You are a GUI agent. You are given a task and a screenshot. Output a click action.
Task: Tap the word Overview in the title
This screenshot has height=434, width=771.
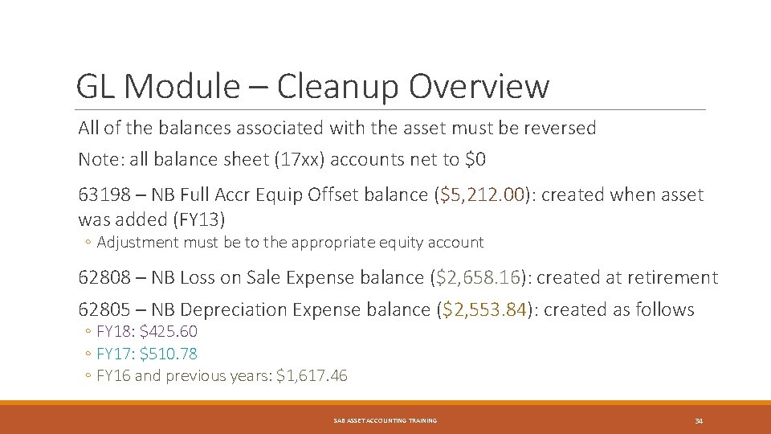(479, 86)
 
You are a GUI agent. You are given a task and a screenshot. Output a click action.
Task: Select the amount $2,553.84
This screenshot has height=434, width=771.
(486, 309)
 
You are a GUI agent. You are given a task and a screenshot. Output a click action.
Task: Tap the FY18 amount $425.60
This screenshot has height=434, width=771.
(168, 331)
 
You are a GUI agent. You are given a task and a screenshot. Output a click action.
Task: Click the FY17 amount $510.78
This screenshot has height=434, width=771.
(168, 354)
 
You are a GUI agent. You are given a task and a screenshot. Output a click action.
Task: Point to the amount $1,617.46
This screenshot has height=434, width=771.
(312, 375)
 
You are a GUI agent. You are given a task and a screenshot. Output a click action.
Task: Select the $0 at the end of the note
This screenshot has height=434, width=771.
(475, 159)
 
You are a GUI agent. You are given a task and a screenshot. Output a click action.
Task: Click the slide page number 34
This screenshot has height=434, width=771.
(699, 420)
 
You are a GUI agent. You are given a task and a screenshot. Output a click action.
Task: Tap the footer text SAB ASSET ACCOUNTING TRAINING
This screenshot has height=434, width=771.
(385, 420)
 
